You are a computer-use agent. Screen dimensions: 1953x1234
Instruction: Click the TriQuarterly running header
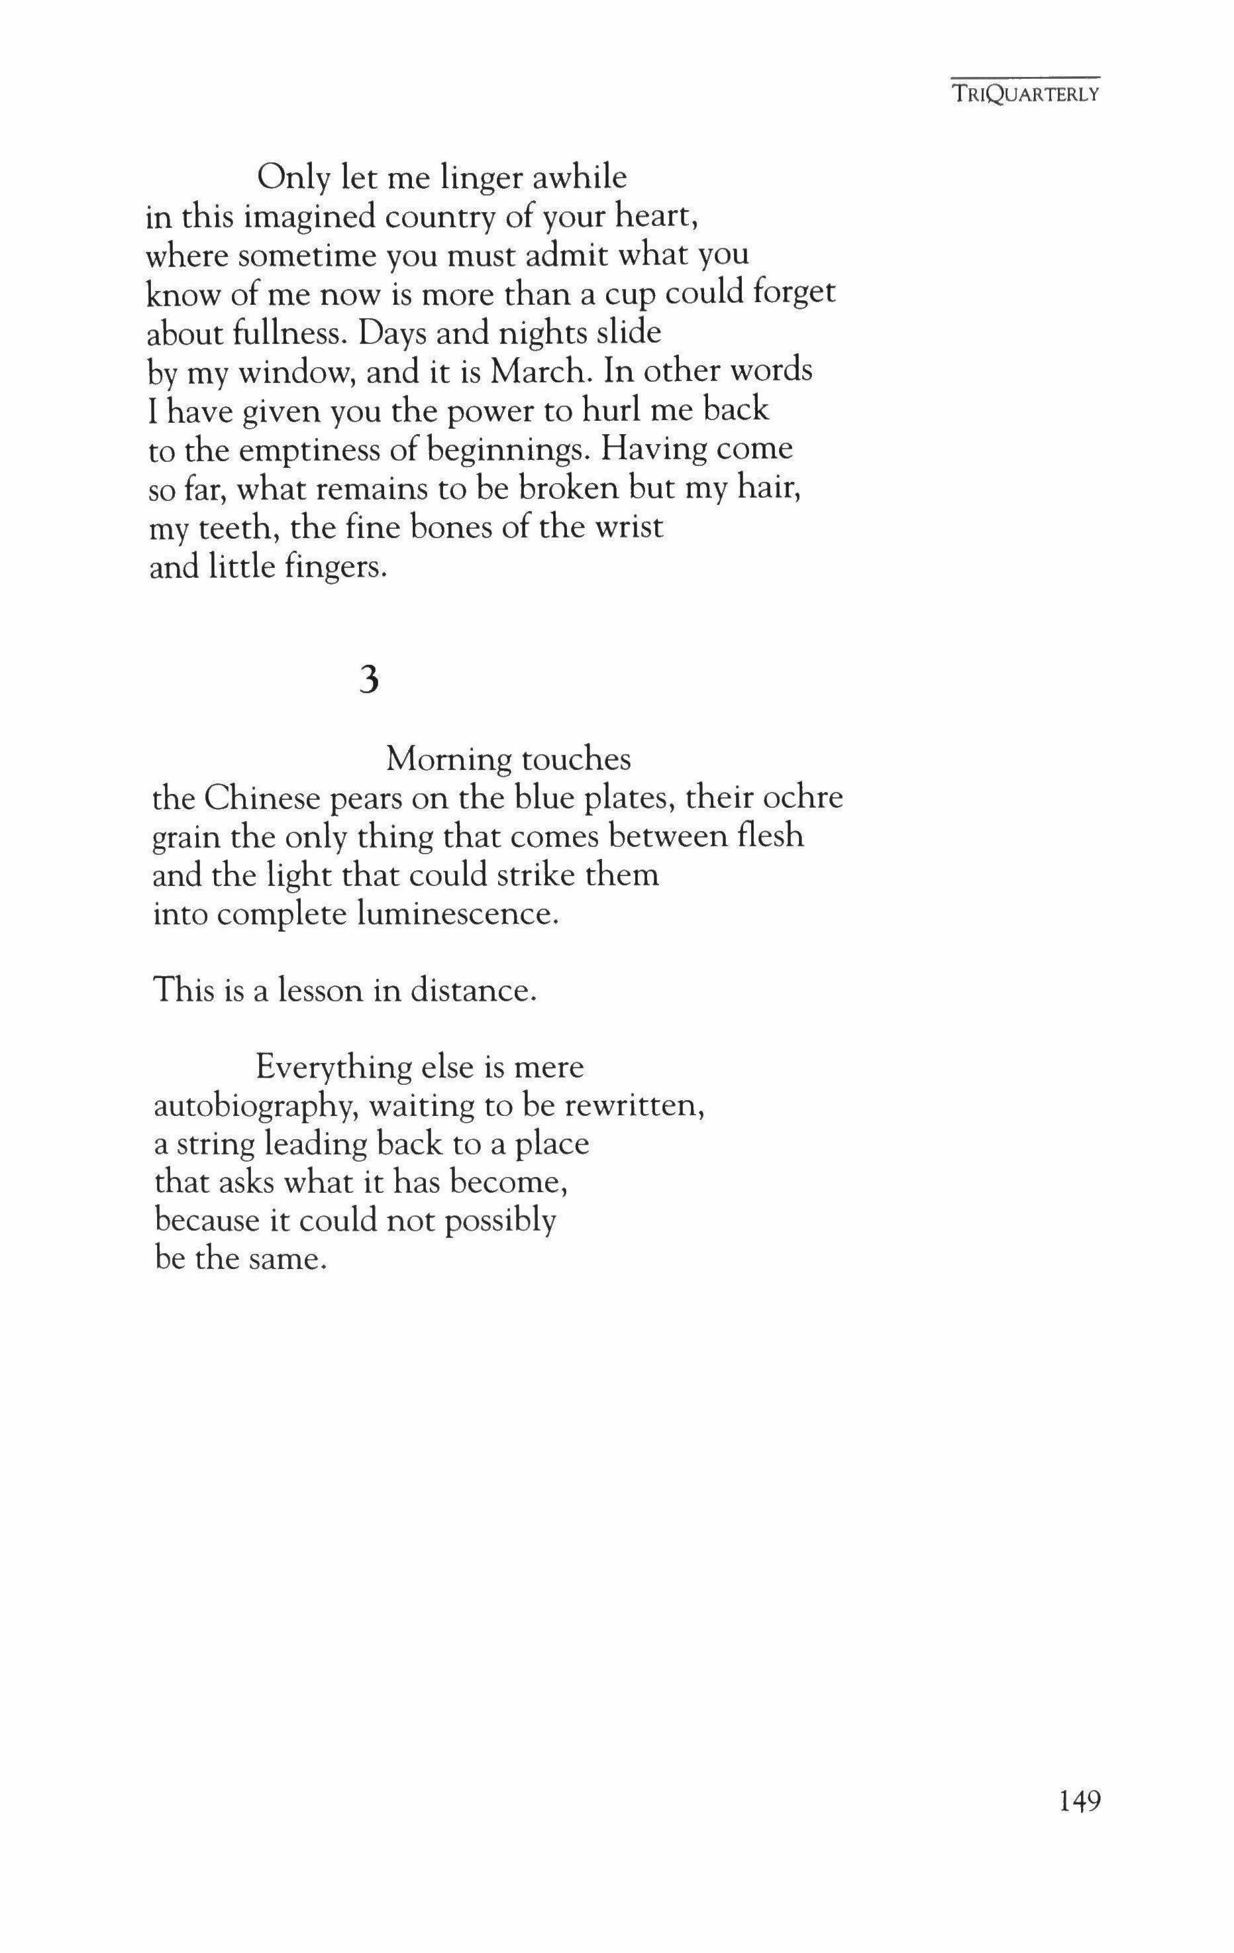point(1025,94)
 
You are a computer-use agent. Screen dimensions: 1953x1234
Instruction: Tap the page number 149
point(1079,1801)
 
